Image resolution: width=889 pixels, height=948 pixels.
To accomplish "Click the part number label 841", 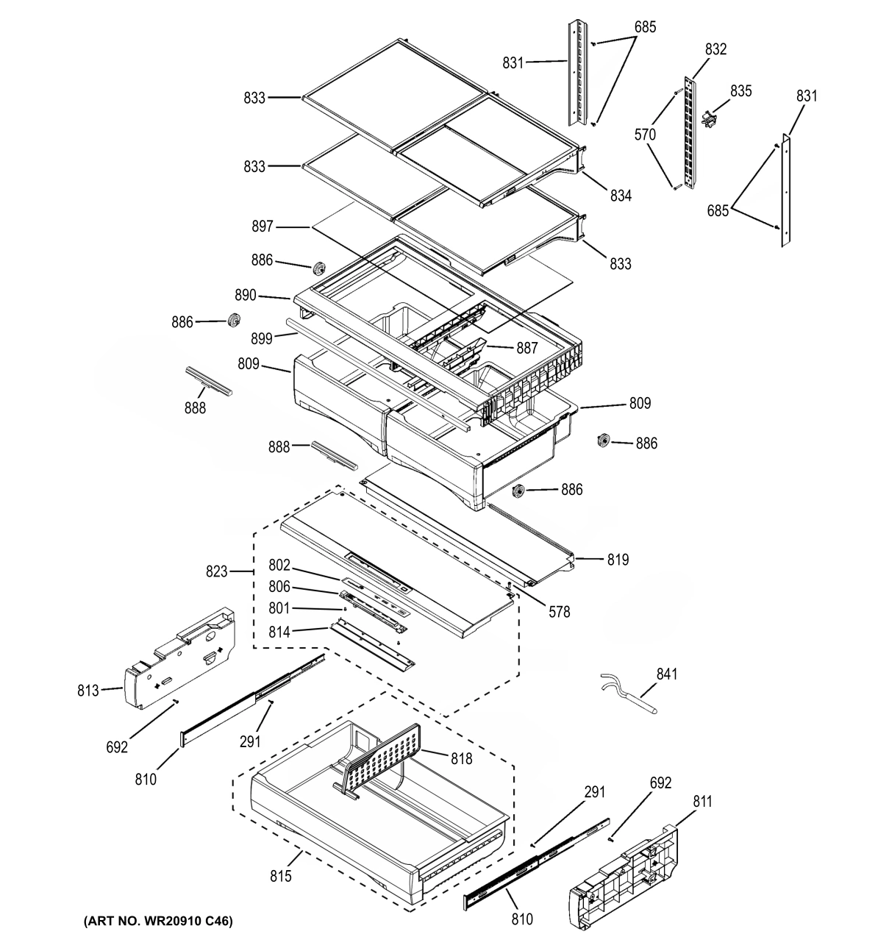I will tap(667, 674).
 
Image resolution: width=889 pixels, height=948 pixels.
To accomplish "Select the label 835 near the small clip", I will tap(740, 90).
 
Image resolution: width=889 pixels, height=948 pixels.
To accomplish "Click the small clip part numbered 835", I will tap(710, 118).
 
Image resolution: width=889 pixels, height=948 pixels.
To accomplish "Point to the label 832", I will tap(715, 49).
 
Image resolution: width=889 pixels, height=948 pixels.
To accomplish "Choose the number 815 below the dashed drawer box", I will tap(280, 876).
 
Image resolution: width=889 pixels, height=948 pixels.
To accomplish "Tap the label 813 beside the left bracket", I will tap(88, 691).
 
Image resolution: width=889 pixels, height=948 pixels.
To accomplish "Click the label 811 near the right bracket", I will tap(702, 802).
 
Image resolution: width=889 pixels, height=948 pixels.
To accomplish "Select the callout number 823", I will tap(218, 571).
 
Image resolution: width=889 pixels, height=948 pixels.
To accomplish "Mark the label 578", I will tap(559, 611).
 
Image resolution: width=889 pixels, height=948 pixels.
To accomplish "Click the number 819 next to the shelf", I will tap(618, 560).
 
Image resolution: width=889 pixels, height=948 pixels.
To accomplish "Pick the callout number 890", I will tap(246, 295).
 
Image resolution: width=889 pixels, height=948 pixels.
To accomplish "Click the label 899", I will tap(262, 338).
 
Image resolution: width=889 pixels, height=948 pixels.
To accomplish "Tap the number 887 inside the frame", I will tap(526, 349).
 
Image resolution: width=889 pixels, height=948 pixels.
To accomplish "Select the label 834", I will tap(620, 196).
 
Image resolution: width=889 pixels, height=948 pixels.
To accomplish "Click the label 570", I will tap(645, 135).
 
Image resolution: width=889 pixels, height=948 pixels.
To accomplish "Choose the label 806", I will tap(279, 587).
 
